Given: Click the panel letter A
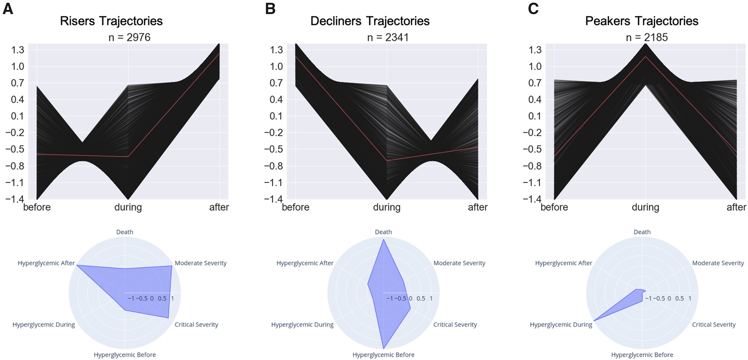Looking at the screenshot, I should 8,9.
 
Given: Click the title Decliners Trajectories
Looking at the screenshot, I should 370,21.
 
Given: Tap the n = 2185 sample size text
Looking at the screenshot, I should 647,37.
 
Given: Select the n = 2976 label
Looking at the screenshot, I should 129,37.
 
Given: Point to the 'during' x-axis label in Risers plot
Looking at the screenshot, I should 128,207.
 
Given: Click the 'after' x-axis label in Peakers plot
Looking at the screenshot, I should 736,207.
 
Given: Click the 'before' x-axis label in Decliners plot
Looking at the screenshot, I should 295,207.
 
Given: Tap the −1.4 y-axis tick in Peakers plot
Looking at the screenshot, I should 532,199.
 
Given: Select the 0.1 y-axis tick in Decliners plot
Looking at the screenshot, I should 276,116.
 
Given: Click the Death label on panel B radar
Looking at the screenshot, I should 383,232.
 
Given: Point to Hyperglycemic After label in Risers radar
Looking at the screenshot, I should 46,263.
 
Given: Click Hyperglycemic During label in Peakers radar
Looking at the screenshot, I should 561,325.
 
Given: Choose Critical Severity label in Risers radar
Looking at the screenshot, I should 196,325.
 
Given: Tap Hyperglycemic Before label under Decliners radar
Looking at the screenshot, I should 383,355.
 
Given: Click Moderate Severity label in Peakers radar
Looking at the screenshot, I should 718,263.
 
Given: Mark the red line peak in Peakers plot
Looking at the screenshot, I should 645,57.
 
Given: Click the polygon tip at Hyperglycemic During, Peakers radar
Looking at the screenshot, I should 594,321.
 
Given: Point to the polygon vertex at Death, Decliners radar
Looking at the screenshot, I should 383,240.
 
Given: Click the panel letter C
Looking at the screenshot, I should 533,9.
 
